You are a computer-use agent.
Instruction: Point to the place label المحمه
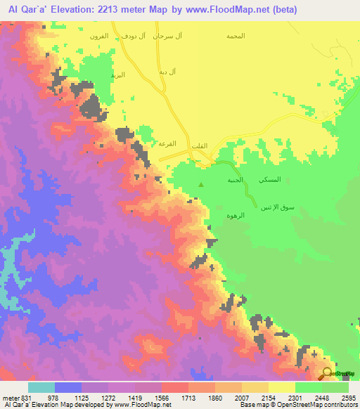tap(236, 34)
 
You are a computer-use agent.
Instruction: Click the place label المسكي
tap(270, 180)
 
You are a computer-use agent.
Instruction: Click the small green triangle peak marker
tap(202, 186)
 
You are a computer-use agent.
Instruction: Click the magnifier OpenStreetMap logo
tap(328, 374)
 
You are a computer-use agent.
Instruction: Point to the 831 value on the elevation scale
tap(22, 396)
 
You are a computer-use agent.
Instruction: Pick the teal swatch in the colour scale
tap(41, 387)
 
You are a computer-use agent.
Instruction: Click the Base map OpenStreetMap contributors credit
tap(297, 405)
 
